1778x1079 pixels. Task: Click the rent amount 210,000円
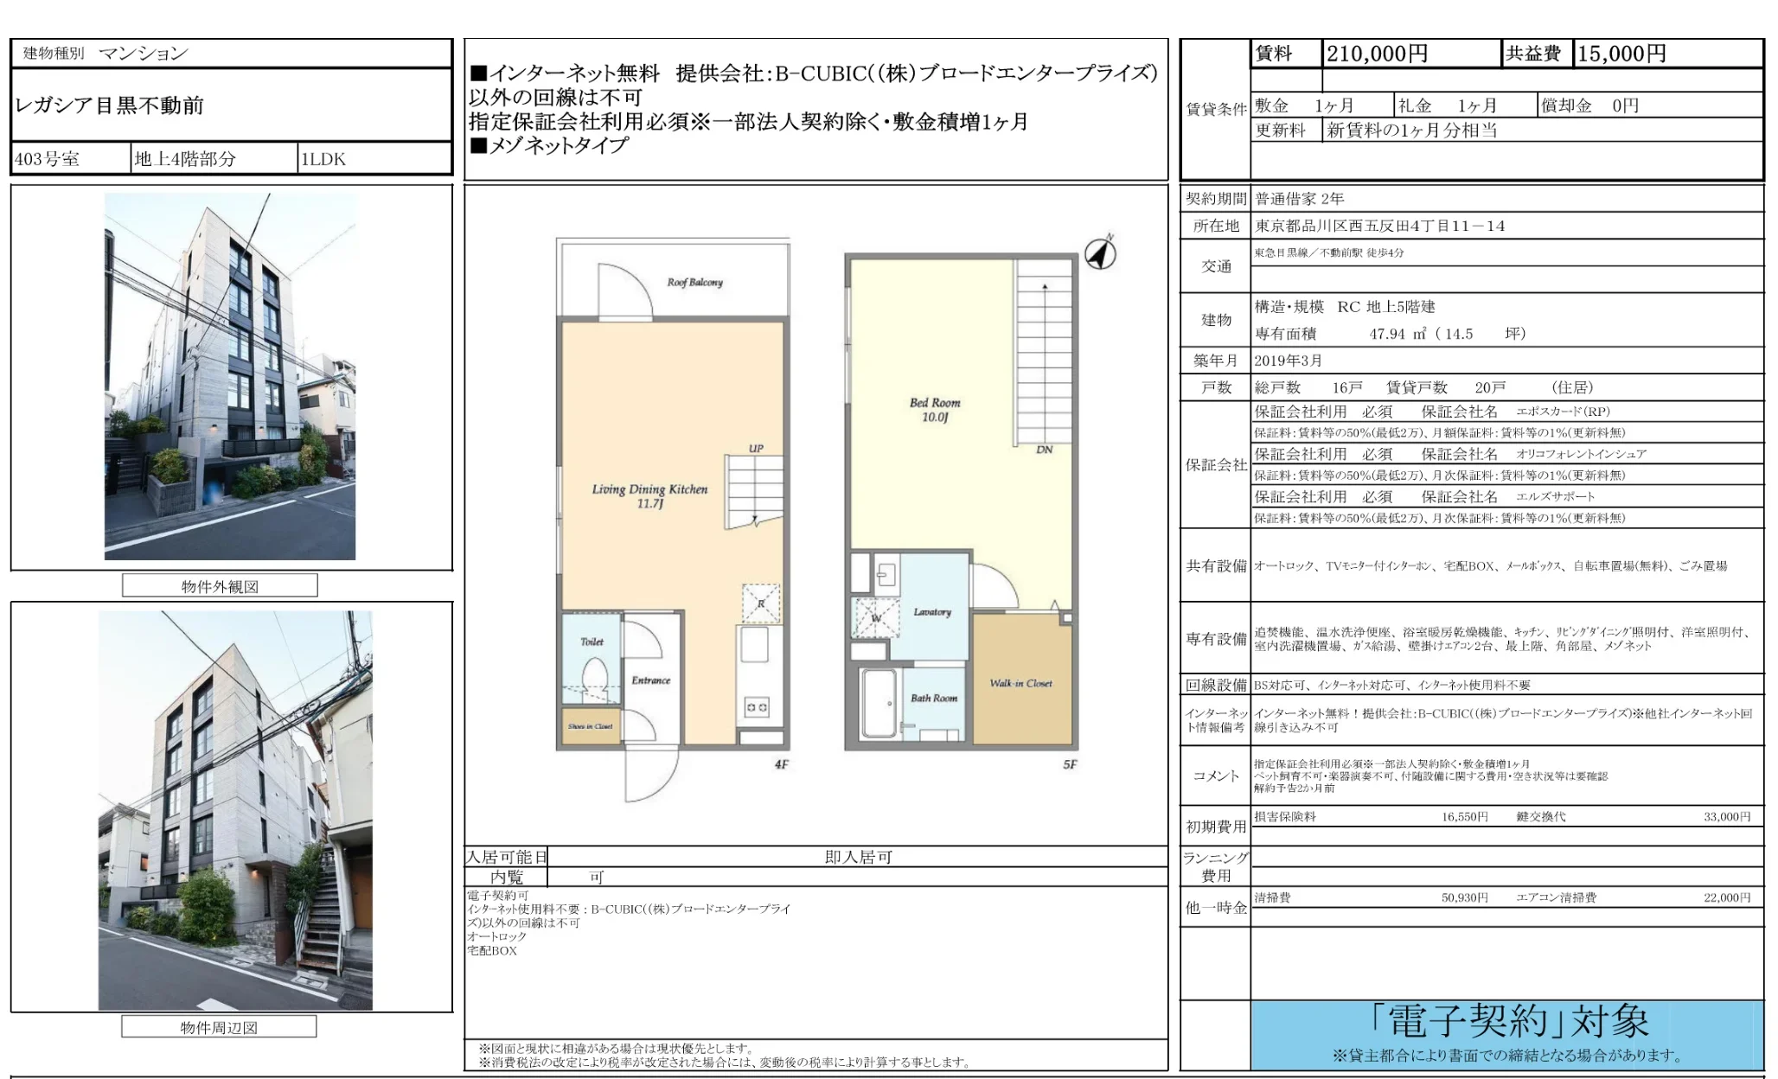1377,54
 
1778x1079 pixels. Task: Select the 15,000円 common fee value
1621,54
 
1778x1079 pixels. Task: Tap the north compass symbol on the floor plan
1100,253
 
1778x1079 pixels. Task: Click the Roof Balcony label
694,283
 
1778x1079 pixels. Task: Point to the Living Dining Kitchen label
649,495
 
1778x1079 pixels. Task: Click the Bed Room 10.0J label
934,410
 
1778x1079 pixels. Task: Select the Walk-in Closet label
1020,683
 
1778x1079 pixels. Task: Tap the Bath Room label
933,698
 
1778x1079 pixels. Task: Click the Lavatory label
931,612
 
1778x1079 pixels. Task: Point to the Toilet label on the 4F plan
592,642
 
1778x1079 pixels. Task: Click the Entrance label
650,680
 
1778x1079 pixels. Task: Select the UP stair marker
756,449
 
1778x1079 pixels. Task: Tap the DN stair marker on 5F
1044,450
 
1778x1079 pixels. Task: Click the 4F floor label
781,764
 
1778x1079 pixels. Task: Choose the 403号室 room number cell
48,159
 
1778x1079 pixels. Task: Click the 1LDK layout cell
323,159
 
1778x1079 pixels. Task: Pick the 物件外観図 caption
220,586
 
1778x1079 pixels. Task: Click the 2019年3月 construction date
1288,361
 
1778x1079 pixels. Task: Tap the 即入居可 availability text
858,857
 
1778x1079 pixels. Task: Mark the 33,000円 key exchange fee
1726,816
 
